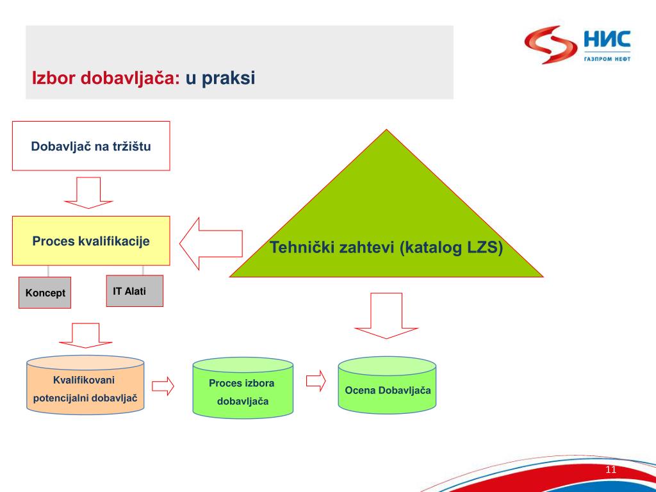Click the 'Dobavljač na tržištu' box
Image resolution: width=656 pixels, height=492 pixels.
(x=91, y=146)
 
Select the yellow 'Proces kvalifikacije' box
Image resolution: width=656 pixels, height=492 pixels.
(x=91, y=241)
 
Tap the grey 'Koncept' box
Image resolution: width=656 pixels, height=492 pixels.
(x=45, y=293)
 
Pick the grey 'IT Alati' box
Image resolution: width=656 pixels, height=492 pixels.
(x=135, y=291)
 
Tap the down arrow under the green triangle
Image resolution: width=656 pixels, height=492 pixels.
(x=386, y=315)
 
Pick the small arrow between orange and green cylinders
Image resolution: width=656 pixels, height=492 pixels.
(x=163, y=386)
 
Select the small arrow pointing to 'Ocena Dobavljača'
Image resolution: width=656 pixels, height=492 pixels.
(x=316, y=381)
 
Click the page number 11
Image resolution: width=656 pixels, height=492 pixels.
(x=611, y=470)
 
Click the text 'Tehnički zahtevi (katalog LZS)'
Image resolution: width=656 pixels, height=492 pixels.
(x=386, y=248)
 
